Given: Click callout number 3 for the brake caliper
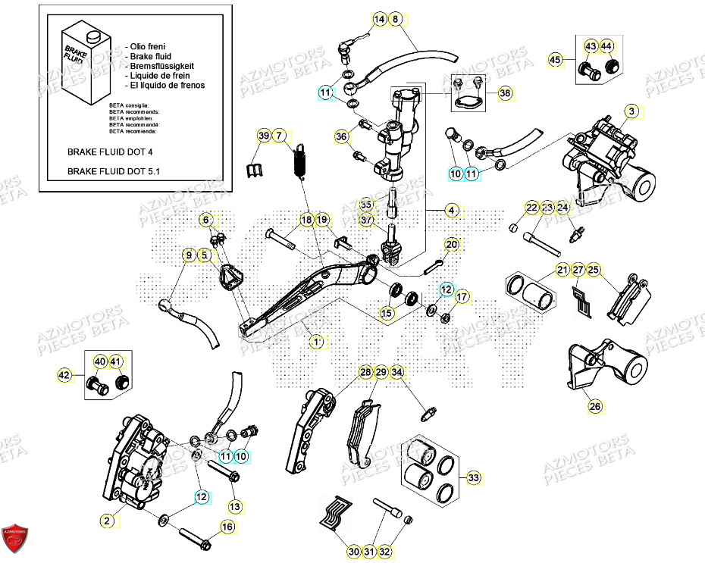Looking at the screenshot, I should click(x=632, y=111).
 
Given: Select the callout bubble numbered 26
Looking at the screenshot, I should click(x=596, y=407).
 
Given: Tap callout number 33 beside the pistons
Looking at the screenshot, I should click(x=473, y=478).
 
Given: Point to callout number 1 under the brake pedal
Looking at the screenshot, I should click(x=318, y=342).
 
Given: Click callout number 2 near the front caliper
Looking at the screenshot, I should click(x=108, y=521).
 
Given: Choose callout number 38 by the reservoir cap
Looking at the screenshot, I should click(x=505, y=93).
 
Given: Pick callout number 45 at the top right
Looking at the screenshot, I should click(x=556, y=61).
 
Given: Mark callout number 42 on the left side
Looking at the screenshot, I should click(x=64, y=374).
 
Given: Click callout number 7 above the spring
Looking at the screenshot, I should click(x=280, y=136).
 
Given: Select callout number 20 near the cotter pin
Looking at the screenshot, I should click(x=452, y=245).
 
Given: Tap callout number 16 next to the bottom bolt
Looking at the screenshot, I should click(x=227, y=527).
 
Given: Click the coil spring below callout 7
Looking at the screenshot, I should click(x=299, y=159).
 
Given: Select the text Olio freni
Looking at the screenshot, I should click(x=149, y=46).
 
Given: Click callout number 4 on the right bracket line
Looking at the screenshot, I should click(x=452, y=210).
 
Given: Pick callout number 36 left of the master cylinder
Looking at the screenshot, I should click(x=342, y=136).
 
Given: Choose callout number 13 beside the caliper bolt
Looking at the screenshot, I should click(x=234, y=505).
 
